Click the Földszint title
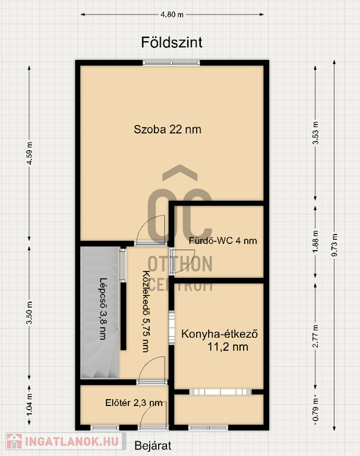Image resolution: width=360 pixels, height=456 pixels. point(172,43)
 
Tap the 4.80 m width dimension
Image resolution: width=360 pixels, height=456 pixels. point(172,14)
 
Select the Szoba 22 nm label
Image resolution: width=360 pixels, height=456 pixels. point(168,129)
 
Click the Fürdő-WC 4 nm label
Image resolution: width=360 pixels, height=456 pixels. point(223,241)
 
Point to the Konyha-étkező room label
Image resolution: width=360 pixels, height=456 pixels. point(220,340)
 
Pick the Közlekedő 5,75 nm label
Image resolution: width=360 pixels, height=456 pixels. point(146,312)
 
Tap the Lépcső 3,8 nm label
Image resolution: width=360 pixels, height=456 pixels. point(103,309)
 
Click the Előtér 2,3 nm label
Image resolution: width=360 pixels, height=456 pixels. point(134,403)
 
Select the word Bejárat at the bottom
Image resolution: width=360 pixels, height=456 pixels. point(153,445)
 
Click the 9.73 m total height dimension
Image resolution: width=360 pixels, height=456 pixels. point(334,245)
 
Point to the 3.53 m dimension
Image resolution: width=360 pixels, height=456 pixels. point(315,133)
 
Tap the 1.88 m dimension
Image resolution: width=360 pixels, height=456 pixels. point(315,242)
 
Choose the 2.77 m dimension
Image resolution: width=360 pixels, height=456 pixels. point(315,336)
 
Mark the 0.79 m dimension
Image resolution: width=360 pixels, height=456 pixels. point(315,410)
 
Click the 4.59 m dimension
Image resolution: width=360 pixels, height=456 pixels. point(29,153)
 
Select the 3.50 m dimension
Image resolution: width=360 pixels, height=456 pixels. point(29,313)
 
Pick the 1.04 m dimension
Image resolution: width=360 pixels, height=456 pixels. point(29,404)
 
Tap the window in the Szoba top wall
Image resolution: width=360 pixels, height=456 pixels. point(172,62)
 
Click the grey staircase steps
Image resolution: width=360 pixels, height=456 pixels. point(100,313)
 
